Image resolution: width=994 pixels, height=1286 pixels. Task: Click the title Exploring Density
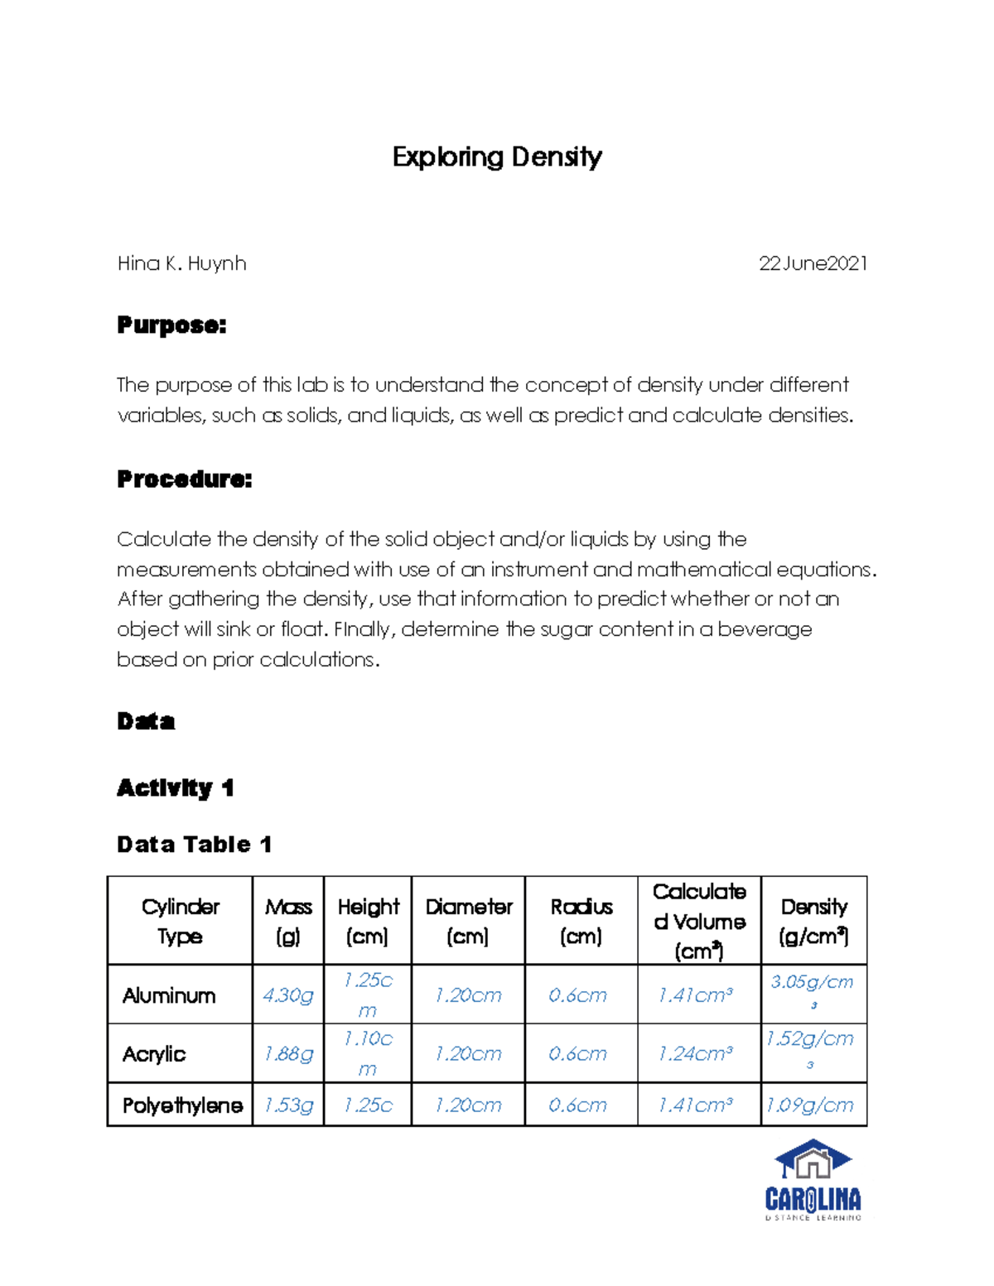tap(497, 157)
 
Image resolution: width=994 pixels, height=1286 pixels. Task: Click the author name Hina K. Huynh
tap(181, 263)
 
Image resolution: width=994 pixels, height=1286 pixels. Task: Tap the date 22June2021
tap(813, 263)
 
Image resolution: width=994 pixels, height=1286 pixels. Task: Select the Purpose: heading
tap(171, 325)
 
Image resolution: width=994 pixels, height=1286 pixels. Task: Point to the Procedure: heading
tap(184, 479)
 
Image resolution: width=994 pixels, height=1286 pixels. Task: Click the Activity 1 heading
tap(175, 787)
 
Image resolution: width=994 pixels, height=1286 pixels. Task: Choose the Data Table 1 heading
tap(194, 845)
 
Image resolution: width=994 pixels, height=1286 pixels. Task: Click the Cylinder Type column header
tap(180, 921)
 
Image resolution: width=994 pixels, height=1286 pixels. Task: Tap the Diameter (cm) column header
tap(468, 921)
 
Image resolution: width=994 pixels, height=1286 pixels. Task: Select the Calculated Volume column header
tap(699, 921)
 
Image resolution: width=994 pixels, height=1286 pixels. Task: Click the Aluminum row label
tap(169, 995)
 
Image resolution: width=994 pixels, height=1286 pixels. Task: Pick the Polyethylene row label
tap(182, 1105)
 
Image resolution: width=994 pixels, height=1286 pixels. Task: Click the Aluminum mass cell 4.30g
tap(287, 995)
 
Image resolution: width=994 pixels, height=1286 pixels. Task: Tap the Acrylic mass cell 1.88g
tap(287, 1054)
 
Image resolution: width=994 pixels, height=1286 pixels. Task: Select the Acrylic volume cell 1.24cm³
tap(695, 1054)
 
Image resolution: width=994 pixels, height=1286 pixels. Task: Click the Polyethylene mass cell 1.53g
tap(287, 1105)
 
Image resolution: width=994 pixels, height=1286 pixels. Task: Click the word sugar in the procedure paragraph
tap(567, 629)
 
